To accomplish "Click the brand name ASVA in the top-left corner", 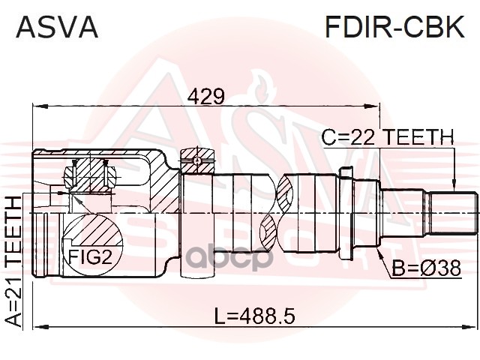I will point(57,27).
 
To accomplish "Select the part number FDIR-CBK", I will point(394,27).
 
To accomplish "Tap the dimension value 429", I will point(206,96).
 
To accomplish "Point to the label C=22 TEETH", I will point(388,137).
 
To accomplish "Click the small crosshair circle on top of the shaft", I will point(197,160).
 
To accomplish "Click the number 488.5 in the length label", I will point(267,316).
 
